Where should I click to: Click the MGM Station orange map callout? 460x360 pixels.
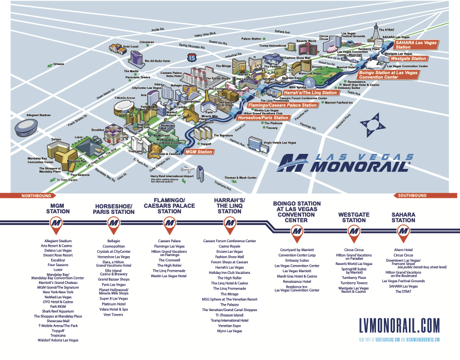[x=198, y=151]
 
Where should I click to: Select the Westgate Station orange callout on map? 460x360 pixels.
[x=408, y=58]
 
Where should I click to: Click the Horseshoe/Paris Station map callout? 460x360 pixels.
[x=263, y=118]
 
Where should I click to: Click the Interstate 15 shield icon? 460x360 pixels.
[x=192, y=57]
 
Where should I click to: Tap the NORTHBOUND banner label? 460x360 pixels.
[x=36, y=196]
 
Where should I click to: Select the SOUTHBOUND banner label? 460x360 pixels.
[x=413, y=196]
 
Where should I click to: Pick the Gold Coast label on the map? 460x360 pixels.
[x=131, y=46]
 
